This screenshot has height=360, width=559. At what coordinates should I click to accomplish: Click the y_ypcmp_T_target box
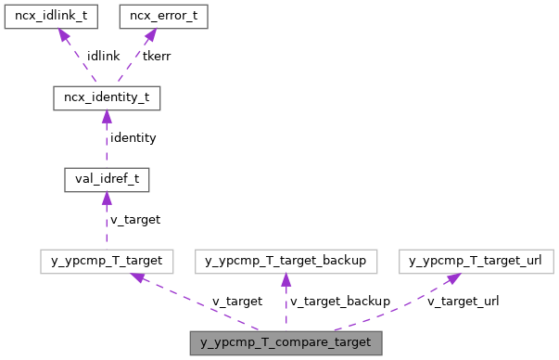pyautogui.click(x=107, y=261)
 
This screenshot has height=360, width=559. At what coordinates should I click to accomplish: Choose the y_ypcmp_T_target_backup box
pyautogui.click(x=286, y=261)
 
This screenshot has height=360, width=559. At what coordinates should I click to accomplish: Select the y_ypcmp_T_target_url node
pyautogui.click(x=476, y=261)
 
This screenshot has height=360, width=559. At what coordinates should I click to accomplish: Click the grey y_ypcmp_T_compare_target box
pyautogui.click(x=286, y=342)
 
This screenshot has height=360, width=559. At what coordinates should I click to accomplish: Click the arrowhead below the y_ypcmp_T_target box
pyautogui.click(x=137, y=277)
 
